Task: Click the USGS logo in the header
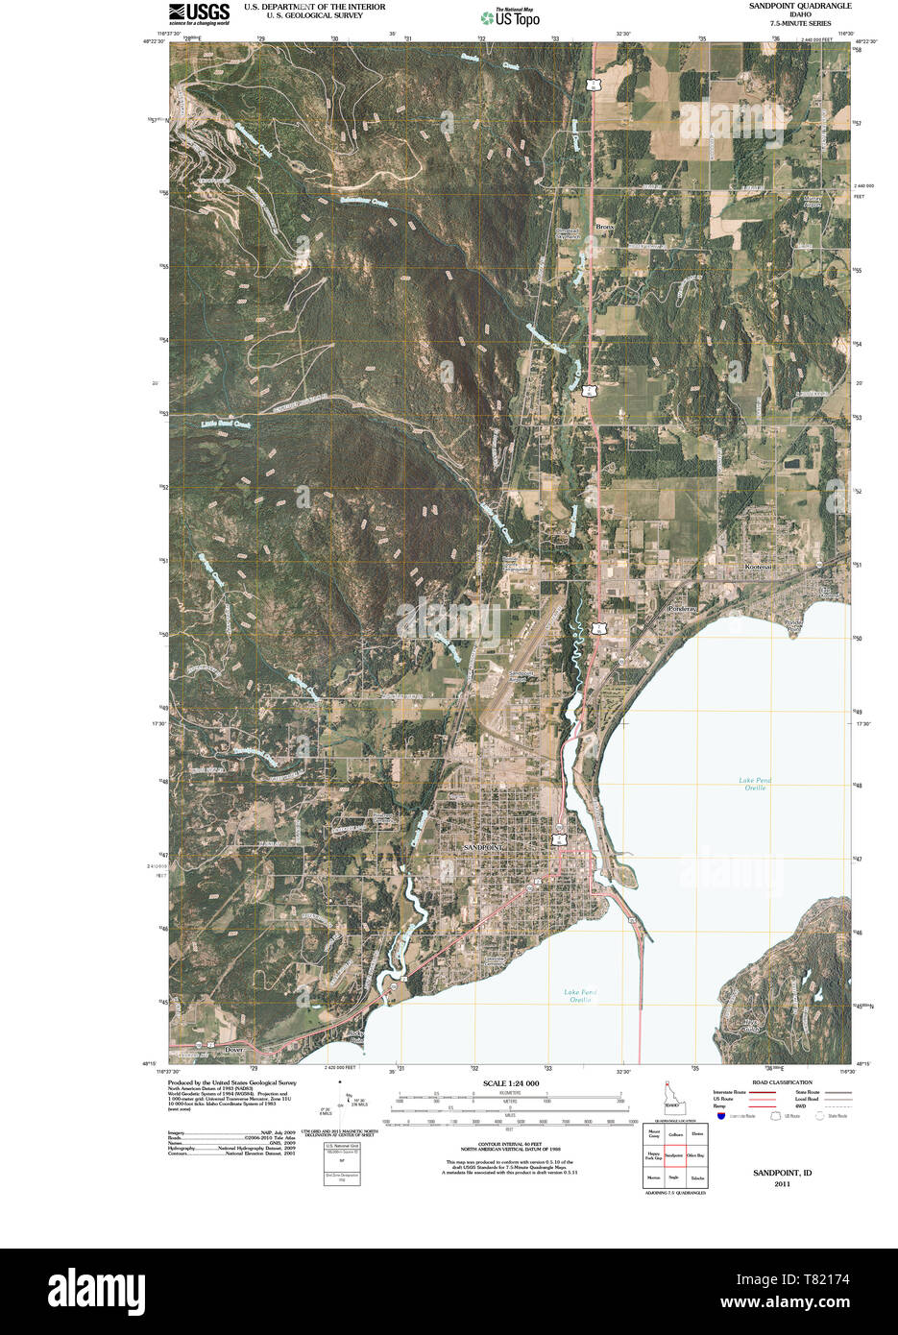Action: tap(199, 13)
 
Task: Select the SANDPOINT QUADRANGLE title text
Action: tap(800, 6)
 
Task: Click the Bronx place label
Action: tap(604, 227)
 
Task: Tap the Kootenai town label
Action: tap(758, 568)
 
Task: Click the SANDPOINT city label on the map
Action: tap(482, 848)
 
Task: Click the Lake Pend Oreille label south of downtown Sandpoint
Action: tap(580, 996)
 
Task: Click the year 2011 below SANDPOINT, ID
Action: tap(782, 1183)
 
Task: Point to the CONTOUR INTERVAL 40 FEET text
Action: tap(511, 1144)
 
